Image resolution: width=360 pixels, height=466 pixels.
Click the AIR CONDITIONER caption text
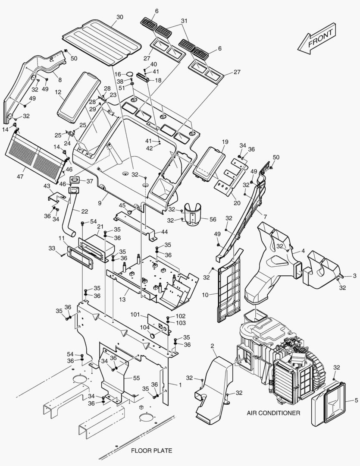(x=273, y=413)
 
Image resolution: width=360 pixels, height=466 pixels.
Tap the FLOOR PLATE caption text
(x=151, y=451)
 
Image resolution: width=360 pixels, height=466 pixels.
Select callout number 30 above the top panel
(x=120, y=17)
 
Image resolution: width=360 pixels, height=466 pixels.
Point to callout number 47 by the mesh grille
(x=20, y=176)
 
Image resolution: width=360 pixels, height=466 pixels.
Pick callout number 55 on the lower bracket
(x=136, y=378)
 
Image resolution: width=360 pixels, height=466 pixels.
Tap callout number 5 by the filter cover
(x=356, y=400)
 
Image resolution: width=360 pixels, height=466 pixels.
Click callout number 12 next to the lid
(x=58, y=92)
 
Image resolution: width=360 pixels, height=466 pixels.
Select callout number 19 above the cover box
(x=225, y=142)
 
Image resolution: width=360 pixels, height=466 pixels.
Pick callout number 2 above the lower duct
(x=212, y=346)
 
